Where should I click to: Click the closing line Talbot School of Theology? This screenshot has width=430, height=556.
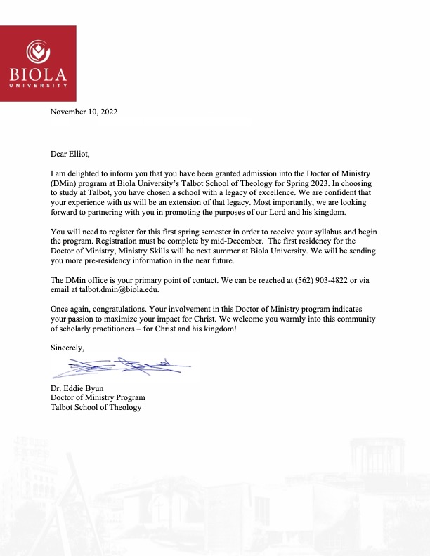[x=96, y=407]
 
